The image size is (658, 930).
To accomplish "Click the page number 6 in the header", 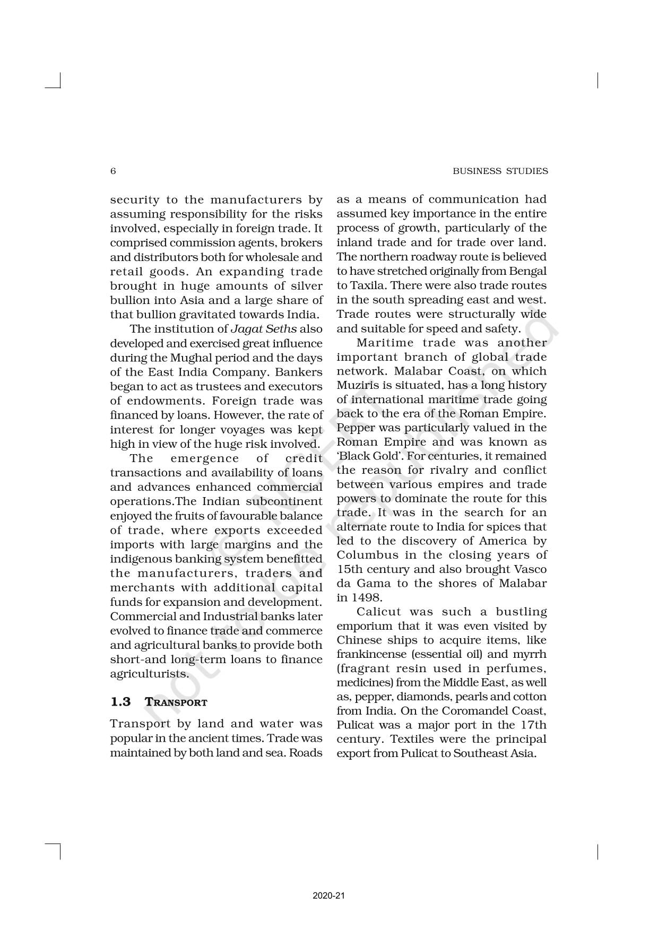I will (x=112, y=171).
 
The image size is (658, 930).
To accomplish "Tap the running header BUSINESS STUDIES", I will (x=500, y=171).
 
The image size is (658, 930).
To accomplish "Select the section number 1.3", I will (x=120, y=702).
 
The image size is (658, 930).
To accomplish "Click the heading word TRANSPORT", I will (x=176, y=702).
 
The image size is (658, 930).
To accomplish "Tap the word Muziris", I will (x=355, y=385).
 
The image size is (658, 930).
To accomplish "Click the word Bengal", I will (x=529, y=271).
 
